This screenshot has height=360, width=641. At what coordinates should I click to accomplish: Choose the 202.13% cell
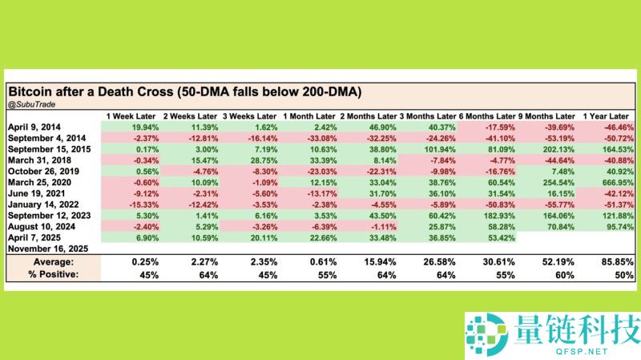tap(558, 149)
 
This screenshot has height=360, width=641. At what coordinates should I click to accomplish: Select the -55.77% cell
tap(558, 204)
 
